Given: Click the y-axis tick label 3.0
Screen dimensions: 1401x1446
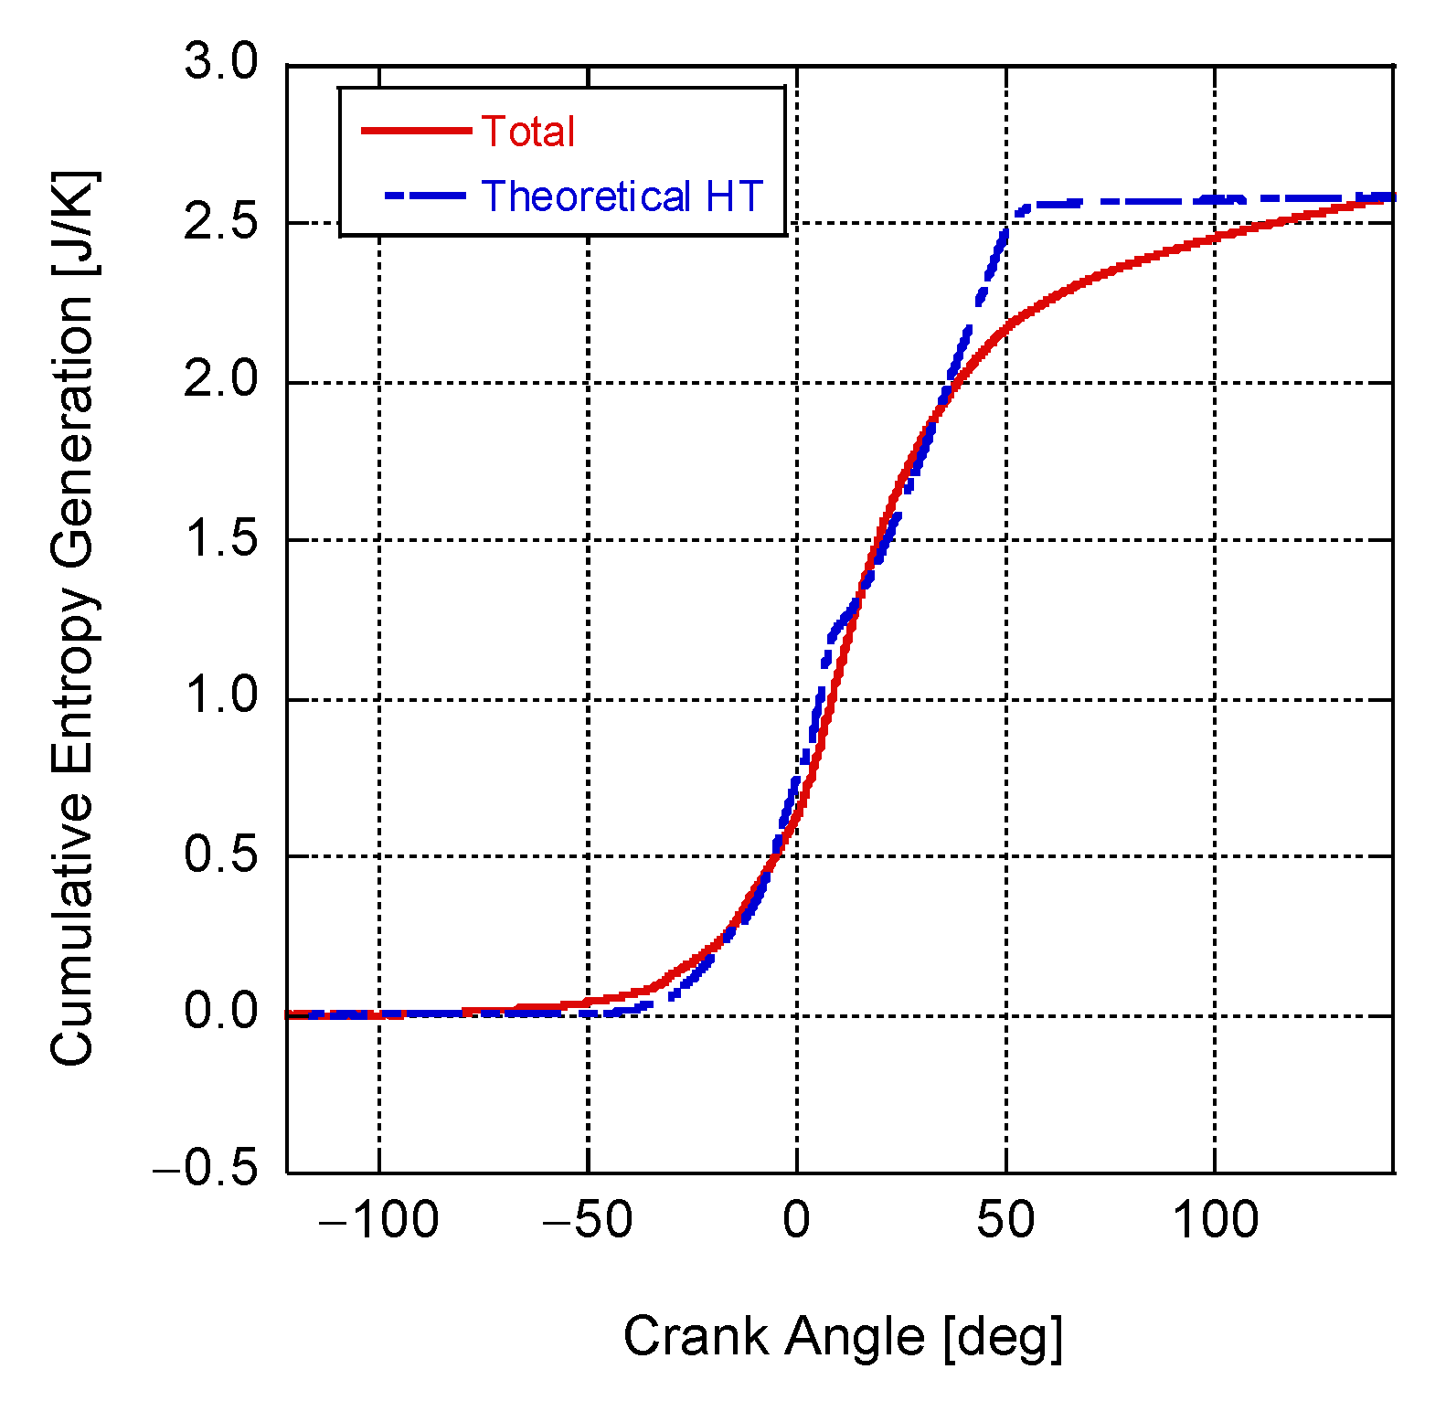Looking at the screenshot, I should (x=221, y=63).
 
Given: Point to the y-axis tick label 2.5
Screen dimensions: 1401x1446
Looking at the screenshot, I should (x=221, y=222).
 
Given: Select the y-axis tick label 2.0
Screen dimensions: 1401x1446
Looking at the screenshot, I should (x=221, y=380).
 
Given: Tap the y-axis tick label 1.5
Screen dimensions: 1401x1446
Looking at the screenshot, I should (x=221, y=538).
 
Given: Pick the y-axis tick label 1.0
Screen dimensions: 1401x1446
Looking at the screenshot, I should (x=221, y=696).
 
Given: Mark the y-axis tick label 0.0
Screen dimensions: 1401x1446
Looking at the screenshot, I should (x=221, y=1013).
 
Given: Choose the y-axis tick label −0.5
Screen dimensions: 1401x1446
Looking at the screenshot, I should (x=207, y=1171).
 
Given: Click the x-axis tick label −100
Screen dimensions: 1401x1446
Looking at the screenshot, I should (x=378, y=1221).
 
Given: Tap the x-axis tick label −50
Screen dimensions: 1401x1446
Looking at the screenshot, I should (x=588, y=1221).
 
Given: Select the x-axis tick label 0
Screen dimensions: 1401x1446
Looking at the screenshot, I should (x=796, y=1221).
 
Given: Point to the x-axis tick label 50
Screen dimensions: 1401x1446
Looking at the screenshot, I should (x=1005, y=1221).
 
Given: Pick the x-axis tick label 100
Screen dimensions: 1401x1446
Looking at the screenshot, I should (x=1215, y=1221).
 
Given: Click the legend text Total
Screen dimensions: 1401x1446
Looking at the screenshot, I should (x=528, y=132).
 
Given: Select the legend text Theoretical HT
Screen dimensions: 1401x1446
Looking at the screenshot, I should (x=622, y=196).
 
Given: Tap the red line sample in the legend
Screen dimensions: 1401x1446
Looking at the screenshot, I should (x=416, y=131).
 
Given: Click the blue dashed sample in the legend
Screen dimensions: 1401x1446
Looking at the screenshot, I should (x=426, y=196).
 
